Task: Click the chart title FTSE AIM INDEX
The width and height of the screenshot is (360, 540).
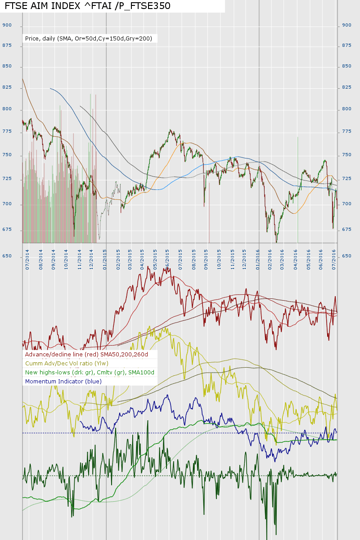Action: [87, 6]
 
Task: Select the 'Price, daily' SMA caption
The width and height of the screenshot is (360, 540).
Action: [89, 39]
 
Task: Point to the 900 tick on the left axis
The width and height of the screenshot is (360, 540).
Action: [7, 25]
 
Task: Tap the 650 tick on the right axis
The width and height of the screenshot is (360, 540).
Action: [347, 256]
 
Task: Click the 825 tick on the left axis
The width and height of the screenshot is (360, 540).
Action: [7, 87]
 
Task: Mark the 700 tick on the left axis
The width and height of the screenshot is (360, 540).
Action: [7, 204]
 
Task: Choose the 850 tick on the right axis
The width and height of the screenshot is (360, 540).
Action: [347, 66]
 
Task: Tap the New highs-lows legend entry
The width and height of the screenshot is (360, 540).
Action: [90, 373]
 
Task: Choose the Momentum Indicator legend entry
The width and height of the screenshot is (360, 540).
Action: [63, 381]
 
